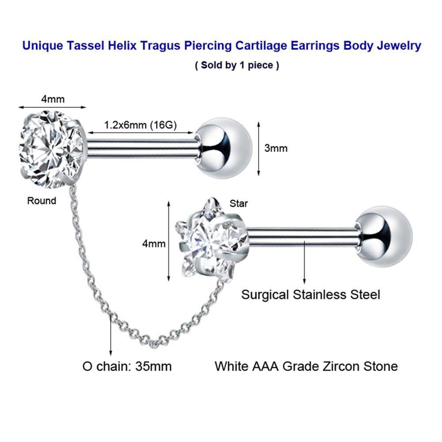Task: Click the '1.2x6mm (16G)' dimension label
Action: coord(140,125)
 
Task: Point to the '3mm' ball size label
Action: coord(276,148)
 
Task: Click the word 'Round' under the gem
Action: coord(42,201)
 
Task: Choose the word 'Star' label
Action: coord(239,203)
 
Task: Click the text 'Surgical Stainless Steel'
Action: coord(310,294)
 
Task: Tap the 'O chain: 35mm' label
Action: coord(127,366)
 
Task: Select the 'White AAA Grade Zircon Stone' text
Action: coord(306,366)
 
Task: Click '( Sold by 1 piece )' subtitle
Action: coord(237,65)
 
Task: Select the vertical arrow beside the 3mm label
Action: coord(258,148)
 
